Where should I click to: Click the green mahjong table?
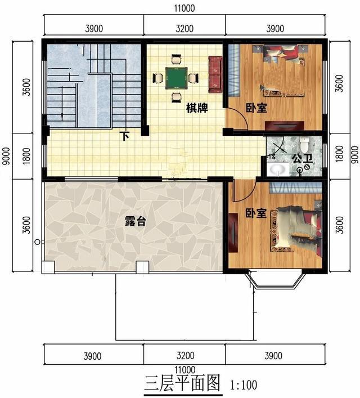point(177,78)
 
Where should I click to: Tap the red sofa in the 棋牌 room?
point(215,74)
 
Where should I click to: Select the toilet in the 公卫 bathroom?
point(304,144)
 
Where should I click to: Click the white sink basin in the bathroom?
point(278,169)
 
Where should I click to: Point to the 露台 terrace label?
point(136,221)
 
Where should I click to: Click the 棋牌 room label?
point(197,108)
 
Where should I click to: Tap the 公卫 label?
point(302,159)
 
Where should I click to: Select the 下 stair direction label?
point(124,136)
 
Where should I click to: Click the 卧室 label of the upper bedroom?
point(256,108)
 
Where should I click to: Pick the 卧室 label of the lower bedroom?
point(256,213)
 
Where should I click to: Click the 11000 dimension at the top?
point(184,8)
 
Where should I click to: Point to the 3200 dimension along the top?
point(184,28)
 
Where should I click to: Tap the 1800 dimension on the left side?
point(26,156)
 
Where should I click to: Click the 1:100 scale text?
point(244,385)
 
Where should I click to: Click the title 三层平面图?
point(182,383)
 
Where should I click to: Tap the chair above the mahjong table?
point(177,60)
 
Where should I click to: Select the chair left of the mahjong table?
point(158,78)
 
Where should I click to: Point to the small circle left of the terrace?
point(37,242)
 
